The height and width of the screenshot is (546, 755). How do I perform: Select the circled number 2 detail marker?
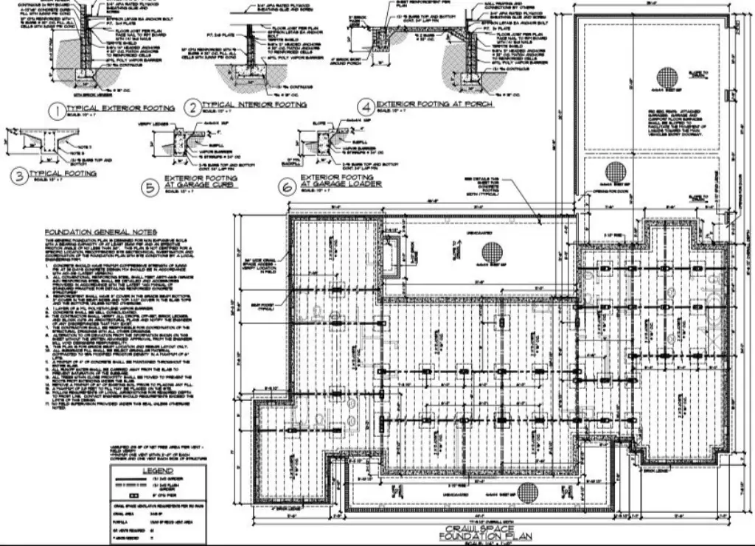[192, 108]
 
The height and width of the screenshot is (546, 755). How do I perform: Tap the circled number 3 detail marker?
[16, 177]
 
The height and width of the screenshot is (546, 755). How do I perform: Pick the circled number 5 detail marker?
[151, 189]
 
